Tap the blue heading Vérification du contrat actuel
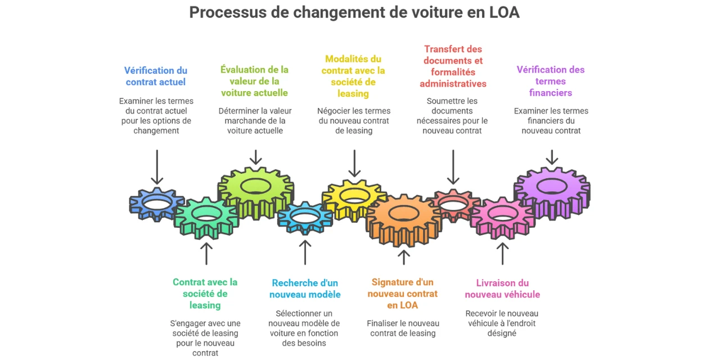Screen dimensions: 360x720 [156, 76]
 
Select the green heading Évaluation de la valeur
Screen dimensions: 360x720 [254, 81]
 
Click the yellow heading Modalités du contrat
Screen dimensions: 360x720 [353, 76]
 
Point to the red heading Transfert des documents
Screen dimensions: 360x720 [453, 66]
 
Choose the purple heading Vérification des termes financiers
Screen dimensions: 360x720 [551, 81]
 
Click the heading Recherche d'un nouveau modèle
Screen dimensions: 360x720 [305, 289]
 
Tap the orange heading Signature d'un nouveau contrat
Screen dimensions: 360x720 [403, 294]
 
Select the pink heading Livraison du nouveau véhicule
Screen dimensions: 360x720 [502, 289]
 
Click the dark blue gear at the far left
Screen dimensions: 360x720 [157, 203]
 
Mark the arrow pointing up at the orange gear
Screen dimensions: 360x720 [403, 256]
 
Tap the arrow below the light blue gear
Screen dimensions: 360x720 [305, 252]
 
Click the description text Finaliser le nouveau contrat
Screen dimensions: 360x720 [403, 328]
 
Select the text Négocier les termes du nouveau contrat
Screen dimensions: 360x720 [353, 120]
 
